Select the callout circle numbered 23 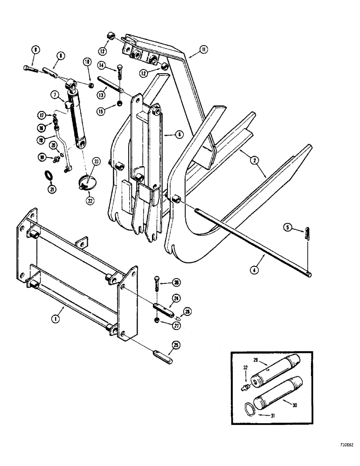[x=96, y=162]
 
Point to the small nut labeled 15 [x=120, y=103]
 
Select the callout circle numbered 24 [x=177, y=297]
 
